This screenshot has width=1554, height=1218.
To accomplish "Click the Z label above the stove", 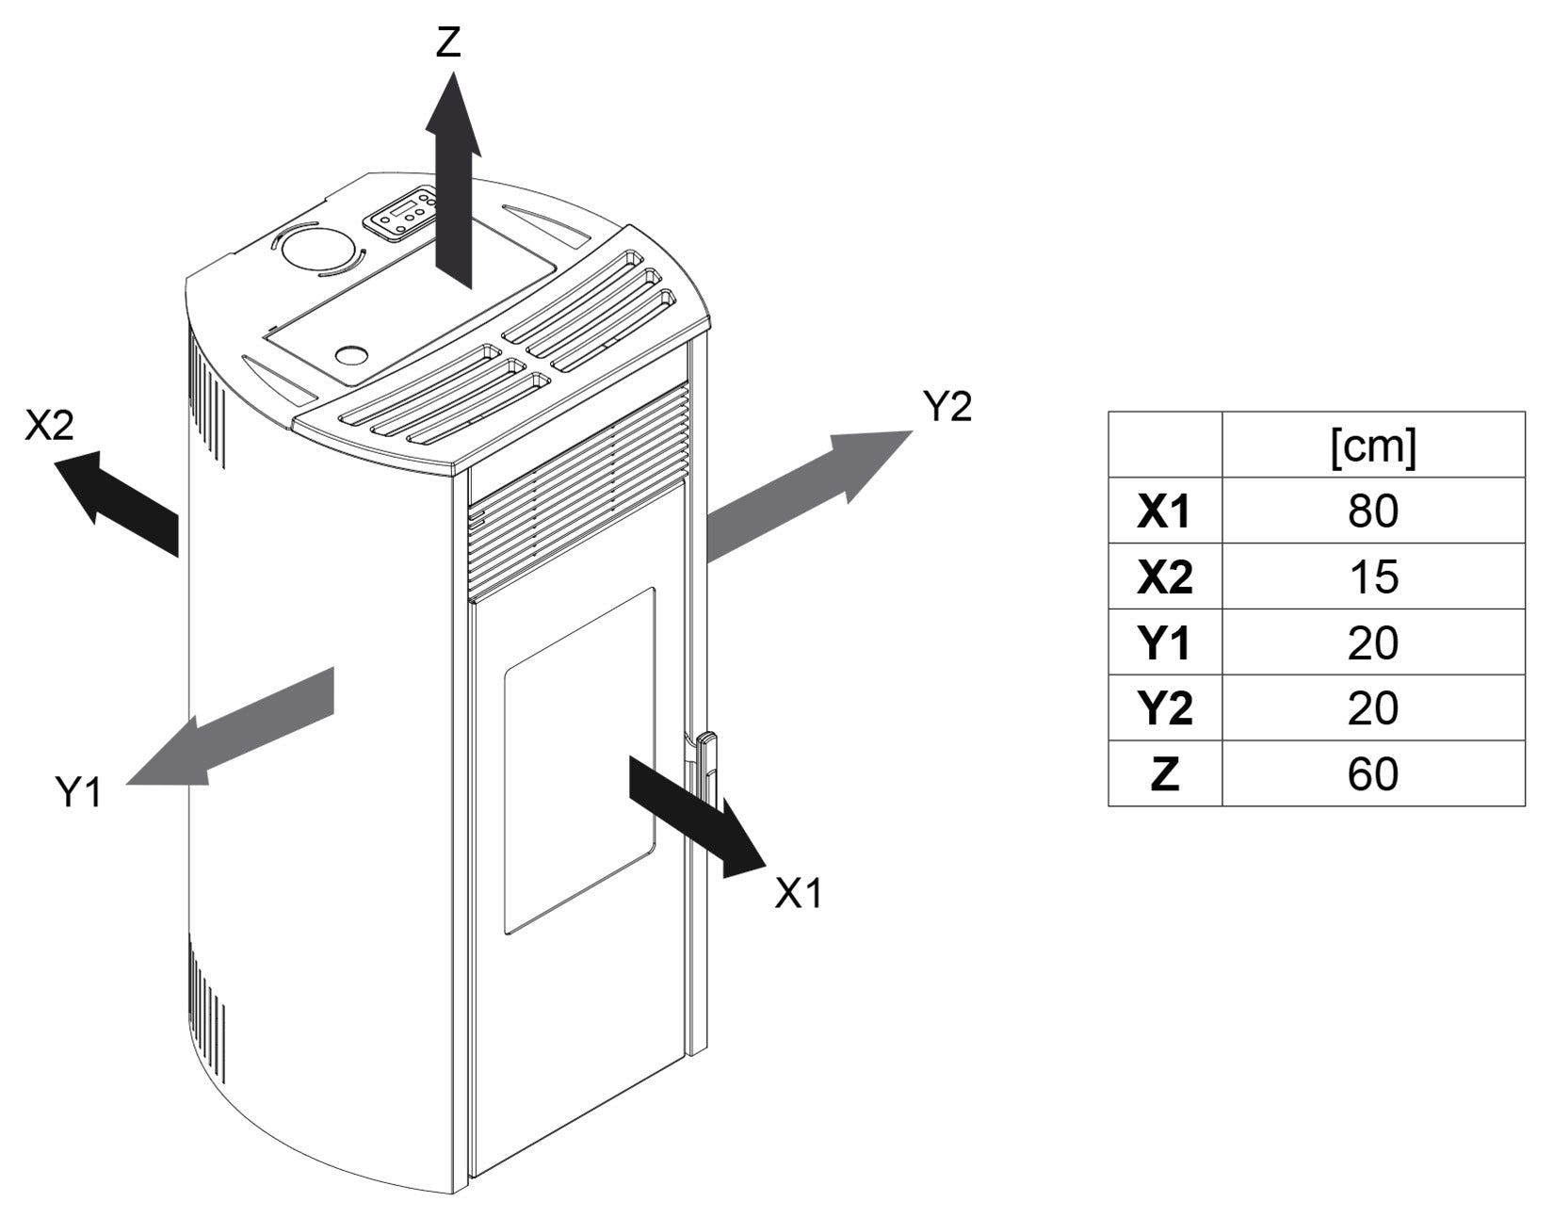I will click(x=448, y=42).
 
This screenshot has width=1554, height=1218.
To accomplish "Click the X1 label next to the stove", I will click(x=798, y=893).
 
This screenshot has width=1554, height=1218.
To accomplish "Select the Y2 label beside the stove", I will click(x=947, y=407).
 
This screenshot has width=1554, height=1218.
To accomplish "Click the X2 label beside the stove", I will click(x=49, y=427).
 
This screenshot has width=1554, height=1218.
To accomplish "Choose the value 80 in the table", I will click(x=1372, y=511).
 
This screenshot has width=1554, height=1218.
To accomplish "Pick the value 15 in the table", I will click(x=1372, y=577).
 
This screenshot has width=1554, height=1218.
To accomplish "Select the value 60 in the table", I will click(x=1372, y=774).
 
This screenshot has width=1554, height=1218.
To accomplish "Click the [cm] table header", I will click(x=1372, y=447).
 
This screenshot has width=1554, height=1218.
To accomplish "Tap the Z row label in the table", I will click(x=1164, y=774).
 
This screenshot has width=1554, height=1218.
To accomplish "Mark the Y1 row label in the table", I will click(x=1164, y=642).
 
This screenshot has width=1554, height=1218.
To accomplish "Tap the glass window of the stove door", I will click(x=578, y=761).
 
